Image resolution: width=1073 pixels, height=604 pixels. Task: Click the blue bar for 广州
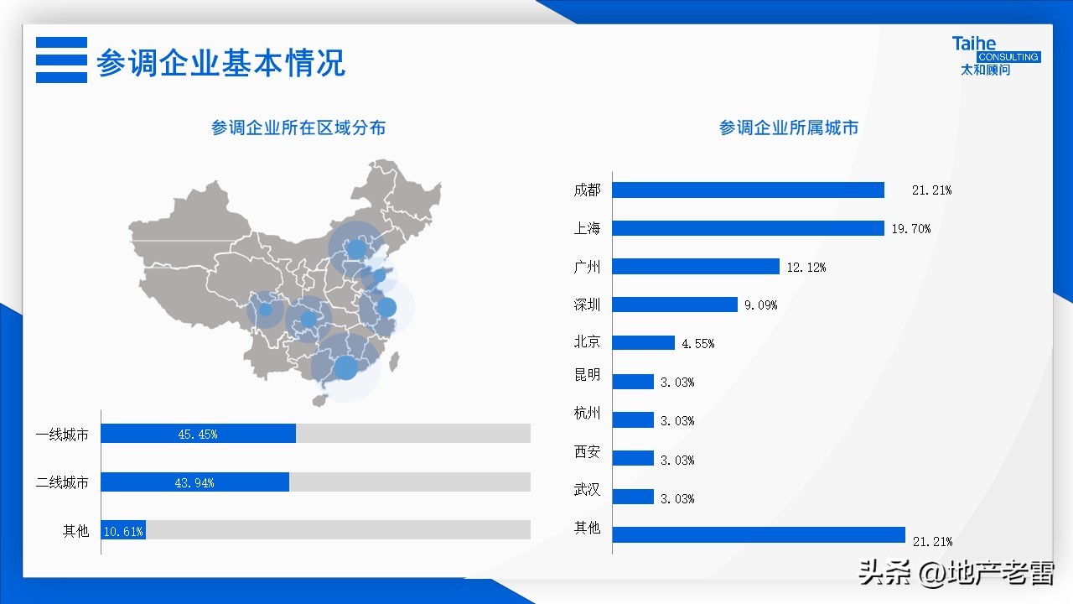(x=696, y=267)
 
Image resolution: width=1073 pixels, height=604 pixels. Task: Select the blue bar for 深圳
(x=675, y=305)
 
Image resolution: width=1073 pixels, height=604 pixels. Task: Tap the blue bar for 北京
(x=643, y=343)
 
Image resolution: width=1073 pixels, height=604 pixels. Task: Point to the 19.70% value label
(x=910, y=229)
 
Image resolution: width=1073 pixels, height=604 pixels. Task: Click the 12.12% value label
(x=806, y=268)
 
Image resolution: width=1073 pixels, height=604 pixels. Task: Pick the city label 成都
(x=587, y=190)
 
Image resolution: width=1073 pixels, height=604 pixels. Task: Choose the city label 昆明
(x=587, y=375)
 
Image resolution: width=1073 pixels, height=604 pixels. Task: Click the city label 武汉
(x=587, y=490)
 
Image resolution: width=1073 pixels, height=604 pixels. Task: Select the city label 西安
(x=587, y=452)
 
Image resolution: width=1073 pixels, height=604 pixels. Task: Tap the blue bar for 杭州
(x=633, y=420)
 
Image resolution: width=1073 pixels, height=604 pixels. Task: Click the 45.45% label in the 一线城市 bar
(x=198, y=435)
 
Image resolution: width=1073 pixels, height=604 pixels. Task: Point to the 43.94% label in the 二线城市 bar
(x=194, y=483)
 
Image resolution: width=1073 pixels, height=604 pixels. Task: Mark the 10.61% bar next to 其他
(x=123, y=531)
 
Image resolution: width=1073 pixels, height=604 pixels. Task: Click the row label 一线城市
(x=62, y=435)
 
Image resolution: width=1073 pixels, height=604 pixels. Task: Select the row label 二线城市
(x=62, y=483)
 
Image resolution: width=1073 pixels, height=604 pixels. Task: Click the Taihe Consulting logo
(x=995, y=55)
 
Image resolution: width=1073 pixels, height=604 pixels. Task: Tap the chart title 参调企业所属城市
(x=788, y=128)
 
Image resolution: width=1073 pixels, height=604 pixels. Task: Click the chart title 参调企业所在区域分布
(x=298, y=128)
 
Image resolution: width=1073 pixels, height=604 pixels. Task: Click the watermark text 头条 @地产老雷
(x=956, y=574)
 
